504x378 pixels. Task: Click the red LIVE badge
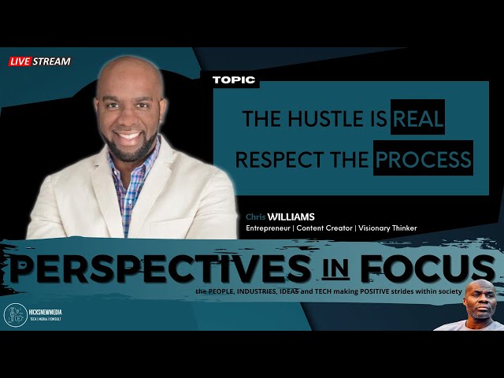(20, 61)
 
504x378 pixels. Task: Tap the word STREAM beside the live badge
(52, 61)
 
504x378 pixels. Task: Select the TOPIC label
(234, 80)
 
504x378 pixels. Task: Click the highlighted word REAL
(418, 120)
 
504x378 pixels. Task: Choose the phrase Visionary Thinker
(386, 228)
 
